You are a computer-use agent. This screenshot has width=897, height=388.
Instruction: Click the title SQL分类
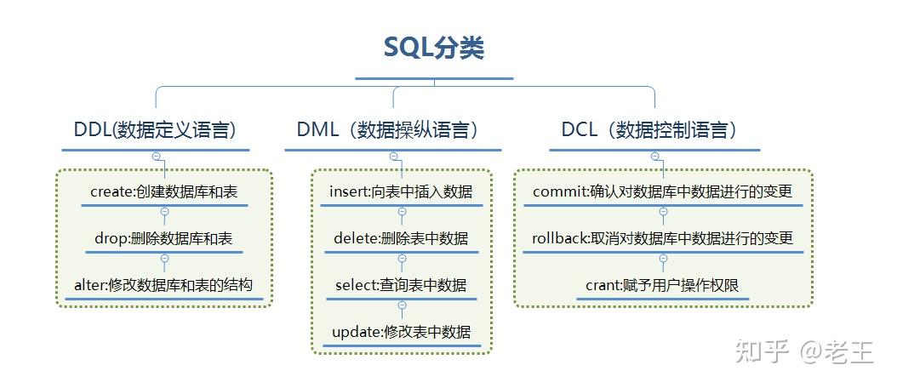point(434,48)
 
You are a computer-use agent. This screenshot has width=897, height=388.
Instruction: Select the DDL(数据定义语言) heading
point(155,130)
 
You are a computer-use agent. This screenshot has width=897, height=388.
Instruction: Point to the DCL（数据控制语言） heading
point(649,130)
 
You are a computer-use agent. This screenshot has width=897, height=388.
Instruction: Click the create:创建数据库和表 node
point(163,191)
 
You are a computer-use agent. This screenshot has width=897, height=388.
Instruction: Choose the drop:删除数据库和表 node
point(163,238)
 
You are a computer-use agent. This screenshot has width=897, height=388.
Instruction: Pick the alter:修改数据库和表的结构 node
point(163,285)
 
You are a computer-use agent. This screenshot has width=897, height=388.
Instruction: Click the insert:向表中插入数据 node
point(401,191)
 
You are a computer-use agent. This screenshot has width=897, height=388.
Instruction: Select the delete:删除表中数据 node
point(401,238)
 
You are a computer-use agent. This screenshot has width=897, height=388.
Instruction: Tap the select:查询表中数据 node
point(401,285)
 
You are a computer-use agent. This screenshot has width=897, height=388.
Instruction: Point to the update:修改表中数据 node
point(401,331)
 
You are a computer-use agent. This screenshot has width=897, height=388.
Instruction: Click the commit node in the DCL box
point(663,191)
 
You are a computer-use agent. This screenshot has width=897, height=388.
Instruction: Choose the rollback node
point(663,238)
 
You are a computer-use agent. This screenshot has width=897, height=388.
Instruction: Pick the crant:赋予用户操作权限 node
point(663,285)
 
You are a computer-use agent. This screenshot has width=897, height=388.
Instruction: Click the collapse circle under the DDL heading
point(156,157)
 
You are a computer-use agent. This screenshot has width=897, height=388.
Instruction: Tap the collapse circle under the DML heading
point(393,157)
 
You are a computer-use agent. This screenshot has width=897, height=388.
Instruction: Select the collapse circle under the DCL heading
point(654,157)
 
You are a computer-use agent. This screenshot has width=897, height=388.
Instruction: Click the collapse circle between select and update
point(402,305)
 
